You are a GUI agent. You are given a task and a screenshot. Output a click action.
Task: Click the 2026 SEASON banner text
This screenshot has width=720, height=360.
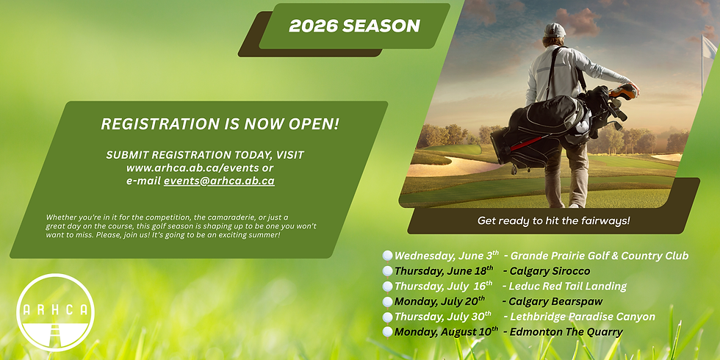[354, 26]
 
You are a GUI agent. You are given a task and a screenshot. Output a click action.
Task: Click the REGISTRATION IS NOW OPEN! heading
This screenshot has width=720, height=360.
[220, 124]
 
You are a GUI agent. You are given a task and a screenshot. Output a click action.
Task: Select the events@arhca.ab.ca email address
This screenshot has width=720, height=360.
[219, 180]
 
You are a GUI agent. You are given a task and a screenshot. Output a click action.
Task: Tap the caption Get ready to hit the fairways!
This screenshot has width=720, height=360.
[553, 220]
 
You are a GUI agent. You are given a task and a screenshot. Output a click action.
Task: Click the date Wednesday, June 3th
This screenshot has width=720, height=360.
[445, 256]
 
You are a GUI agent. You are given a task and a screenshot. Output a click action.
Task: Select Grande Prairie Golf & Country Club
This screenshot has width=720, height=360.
[600, 256]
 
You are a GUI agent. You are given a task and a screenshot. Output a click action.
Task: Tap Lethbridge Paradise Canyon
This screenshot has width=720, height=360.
[579, 317]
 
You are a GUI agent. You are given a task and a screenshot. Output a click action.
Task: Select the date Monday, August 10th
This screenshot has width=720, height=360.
[446, 331]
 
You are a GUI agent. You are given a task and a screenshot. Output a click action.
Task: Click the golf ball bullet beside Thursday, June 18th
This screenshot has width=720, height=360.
[387, 271]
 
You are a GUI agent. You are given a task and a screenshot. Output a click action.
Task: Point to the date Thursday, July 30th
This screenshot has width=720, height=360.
[443, 317]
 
